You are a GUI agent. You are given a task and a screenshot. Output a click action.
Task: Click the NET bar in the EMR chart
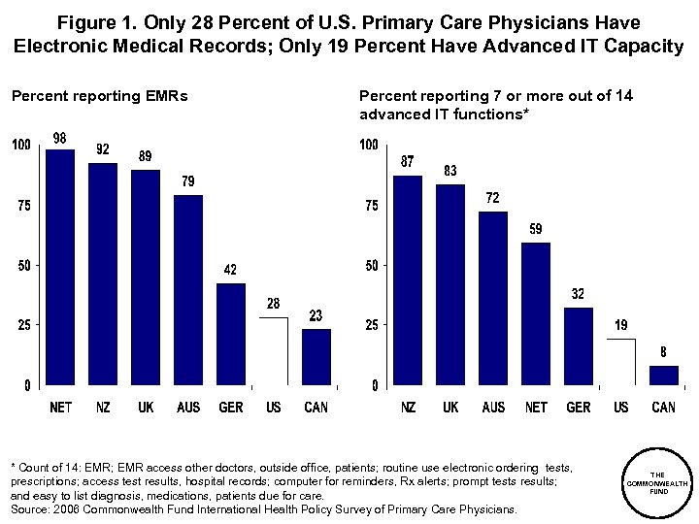coord(60,267)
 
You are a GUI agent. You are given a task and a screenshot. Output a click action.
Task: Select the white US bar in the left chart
coord(274,350)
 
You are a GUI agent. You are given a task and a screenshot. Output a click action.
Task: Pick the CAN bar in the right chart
coord(663,375)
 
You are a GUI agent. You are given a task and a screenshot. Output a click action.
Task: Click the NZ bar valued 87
coord(408,279)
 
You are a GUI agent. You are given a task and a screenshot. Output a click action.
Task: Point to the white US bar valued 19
coord(621,361)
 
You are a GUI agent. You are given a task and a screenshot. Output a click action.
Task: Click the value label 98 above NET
coord(60,139)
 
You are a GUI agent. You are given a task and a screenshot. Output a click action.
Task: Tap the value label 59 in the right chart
coord(536,229)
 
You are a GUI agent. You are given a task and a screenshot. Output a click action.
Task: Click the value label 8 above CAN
coord(664,352)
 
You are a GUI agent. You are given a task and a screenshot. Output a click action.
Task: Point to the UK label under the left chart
coord(146,408)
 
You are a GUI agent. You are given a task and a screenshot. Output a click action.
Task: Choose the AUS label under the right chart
coord(493,408)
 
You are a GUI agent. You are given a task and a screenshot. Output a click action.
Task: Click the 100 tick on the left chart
coord(20,146)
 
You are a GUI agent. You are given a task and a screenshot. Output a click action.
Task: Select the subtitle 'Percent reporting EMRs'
coord(99,95)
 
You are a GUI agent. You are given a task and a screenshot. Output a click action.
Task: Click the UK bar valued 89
coord(146,277)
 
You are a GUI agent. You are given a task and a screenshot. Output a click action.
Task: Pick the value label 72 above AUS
coord(493,198)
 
